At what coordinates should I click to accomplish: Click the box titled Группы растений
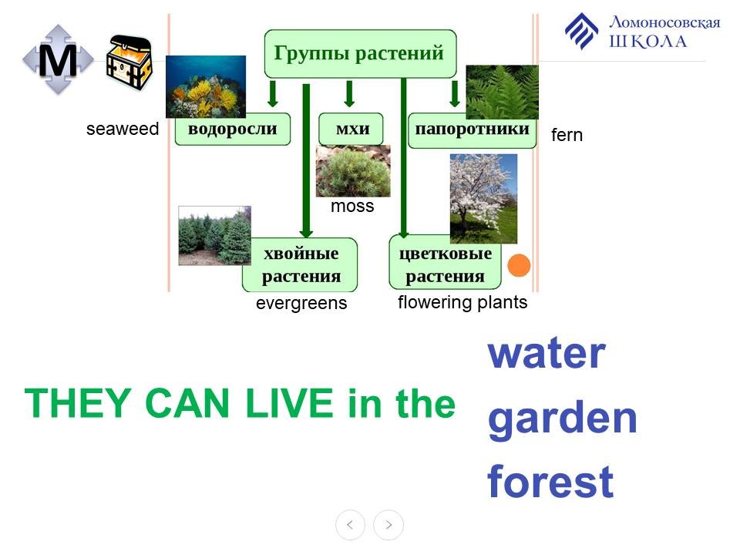coord(360,54)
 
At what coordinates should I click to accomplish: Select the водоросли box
coord(233,129)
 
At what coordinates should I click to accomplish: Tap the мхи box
coord(351,129)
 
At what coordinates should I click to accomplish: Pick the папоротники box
coord(472,130)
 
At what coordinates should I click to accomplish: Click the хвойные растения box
coord(300,264)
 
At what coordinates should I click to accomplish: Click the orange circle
coord(519,265)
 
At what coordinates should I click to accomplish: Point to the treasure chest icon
coord(129,62)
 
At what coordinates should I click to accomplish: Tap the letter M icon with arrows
coord(58,59)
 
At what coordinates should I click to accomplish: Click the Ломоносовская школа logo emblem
coord(582,31)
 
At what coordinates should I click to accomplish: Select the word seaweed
coord(123,129)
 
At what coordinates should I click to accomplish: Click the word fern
coord(567,135)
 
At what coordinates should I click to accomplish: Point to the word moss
coord(352,207)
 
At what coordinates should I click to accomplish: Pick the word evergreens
coord(301,303)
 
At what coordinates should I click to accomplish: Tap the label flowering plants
coord(462,302)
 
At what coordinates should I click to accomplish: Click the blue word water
coord(547,353)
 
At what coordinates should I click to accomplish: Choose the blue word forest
coord(550,481)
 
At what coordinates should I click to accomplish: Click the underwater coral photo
coord(206,86)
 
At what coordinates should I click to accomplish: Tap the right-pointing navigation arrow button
coord(388,525)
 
